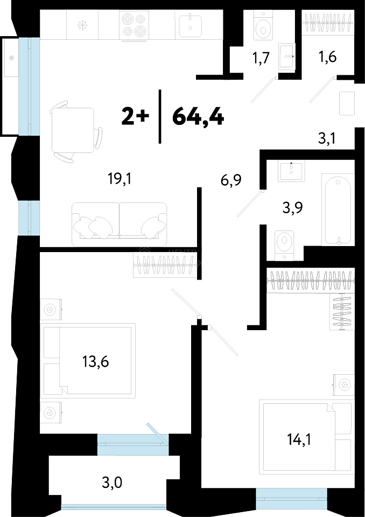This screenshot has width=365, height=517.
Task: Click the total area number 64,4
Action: [x=198, y=117]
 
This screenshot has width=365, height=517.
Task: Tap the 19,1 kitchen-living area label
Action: [x=120, y=179]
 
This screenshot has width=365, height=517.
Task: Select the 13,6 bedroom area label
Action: [x=96, y=362]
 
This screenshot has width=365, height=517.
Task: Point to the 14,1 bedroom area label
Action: [x=299, y=439]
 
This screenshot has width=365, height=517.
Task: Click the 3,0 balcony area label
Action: [x=112, y=483]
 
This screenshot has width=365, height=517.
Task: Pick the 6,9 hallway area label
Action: [x=231, y=180]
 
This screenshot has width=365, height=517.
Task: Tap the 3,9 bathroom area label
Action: [x=293, y=208]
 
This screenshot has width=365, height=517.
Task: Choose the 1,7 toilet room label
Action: [x=261, y=58]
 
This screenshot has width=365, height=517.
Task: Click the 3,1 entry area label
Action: [x=327, y=138]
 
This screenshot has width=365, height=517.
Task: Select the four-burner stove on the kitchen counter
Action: [x=134, y=25]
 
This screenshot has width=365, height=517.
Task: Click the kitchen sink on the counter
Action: [x=190, y=26]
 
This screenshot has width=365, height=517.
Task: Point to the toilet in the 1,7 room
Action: [x=263, y=25]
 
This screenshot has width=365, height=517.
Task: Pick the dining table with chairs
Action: [x=75, y=132]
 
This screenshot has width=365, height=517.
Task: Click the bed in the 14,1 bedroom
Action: [x=307, y=437]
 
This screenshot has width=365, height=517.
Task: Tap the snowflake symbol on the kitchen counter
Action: [x=81, y=25]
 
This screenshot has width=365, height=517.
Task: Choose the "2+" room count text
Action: [x=135, y=117]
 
